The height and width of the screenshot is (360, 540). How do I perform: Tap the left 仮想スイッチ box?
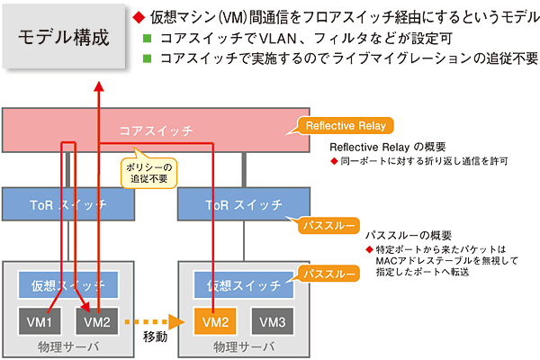69,285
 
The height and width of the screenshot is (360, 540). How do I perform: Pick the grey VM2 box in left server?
96,320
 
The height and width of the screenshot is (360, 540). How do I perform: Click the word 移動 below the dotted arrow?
155,339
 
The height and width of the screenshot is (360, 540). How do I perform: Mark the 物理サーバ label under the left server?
69,346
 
